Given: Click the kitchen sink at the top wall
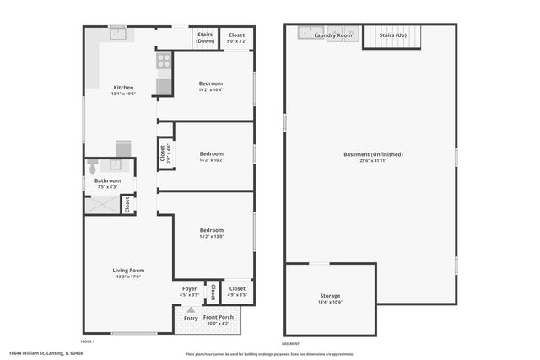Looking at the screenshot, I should (x=118, y=34).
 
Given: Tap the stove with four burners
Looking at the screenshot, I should (x=165, y=61).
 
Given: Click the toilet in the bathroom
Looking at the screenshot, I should (x=93, y=165).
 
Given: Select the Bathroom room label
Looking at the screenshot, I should (x=107, y=180).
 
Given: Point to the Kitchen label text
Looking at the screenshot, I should (x=123, y=88).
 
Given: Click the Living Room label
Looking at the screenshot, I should (x=128, y=271).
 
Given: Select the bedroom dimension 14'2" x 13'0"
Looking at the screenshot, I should (x=211, y=236).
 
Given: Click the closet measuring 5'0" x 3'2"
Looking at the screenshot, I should (x=237, y=38).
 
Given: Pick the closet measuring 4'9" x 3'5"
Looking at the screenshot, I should (x=237, y=291).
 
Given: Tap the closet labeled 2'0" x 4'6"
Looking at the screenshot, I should (x=163, y=153).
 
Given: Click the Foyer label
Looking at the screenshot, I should (x=190, y=289).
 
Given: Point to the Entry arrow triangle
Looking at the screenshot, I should (x=191, y=310).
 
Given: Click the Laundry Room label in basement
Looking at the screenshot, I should (x=333, y=35).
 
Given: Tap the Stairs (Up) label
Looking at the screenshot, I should (x=392, y=35).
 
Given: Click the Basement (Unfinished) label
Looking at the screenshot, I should (x=373, y=154).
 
